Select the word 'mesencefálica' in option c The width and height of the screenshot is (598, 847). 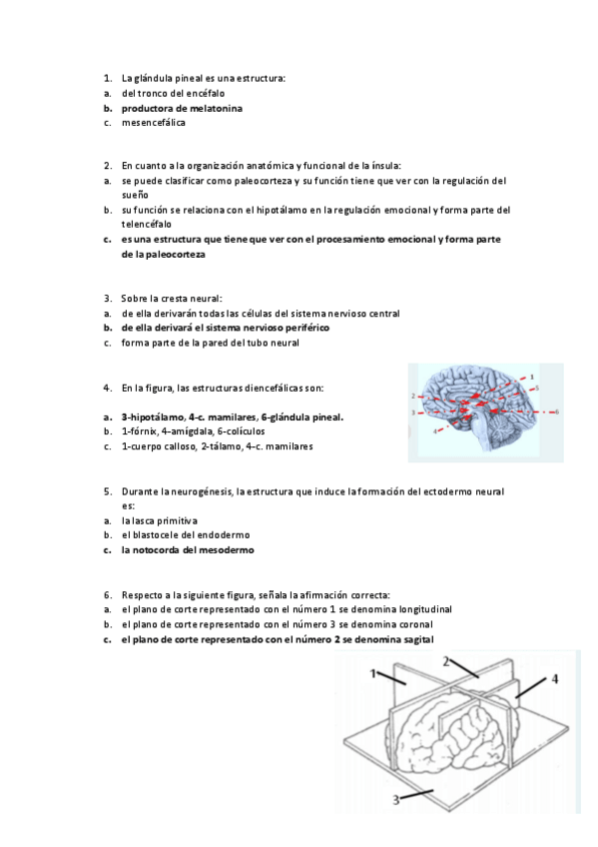(153, 123)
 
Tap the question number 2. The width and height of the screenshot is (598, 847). (107, 165)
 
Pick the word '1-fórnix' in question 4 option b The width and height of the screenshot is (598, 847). (138, 430)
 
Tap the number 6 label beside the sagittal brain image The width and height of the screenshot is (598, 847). (557, 412)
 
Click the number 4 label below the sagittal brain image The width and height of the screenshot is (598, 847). (435, 431)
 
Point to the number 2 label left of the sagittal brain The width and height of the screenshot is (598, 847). (412, 397)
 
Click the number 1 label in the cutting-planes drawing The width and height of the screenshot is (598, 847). (373, 674)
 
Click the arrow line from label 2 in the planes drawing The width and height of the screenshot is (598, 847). (467, 667)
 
